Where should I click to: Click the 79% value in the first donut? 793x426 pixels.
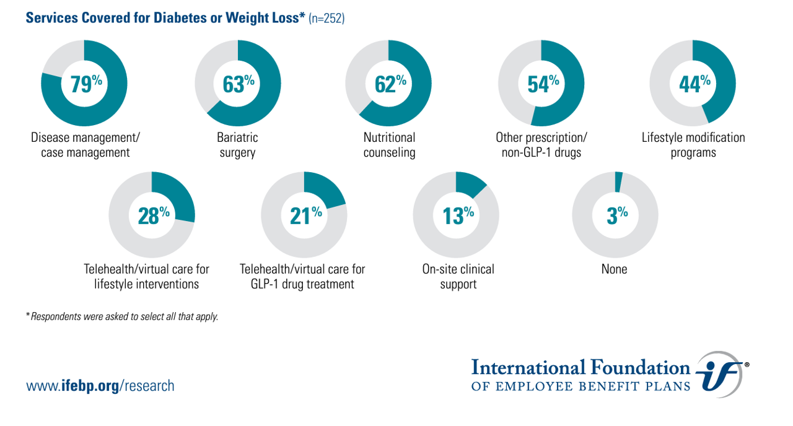click(x=85, y=84)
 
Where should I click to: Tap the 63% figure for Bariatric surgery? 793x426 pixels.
click(x=239, y=84)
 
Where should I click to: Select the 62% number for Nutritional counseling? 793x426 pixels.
click(x=390, y=84)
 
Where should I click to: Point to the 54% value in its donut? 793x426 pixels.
click(x=543, y=84)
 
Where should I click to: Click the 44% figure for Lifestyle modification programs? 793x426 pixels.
click(x=694, y=84)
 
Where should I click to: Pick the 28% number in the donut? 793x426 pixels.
click(x=153, y=215)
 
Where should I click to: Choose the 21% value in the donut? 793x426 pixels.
click(x=305, y=215)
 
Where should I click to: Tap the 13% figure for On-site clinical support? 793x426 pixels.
click(x=458, y=215)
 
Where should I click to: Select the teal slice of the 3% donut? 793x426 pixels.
click(x=618, y=182)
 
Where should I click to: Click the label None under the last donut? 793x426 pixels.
click(x=614, y=269)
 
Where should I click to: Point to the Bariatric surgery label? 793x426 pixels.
click(x=237, y=145)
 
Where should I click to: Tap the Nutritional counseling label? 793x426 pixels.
click(x=389, y=145)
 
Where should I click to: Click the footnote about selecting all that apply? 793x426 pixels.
click(x=122, y=316)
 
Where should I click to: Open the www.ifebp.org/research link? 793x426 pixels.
click(x=100, y=386)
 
